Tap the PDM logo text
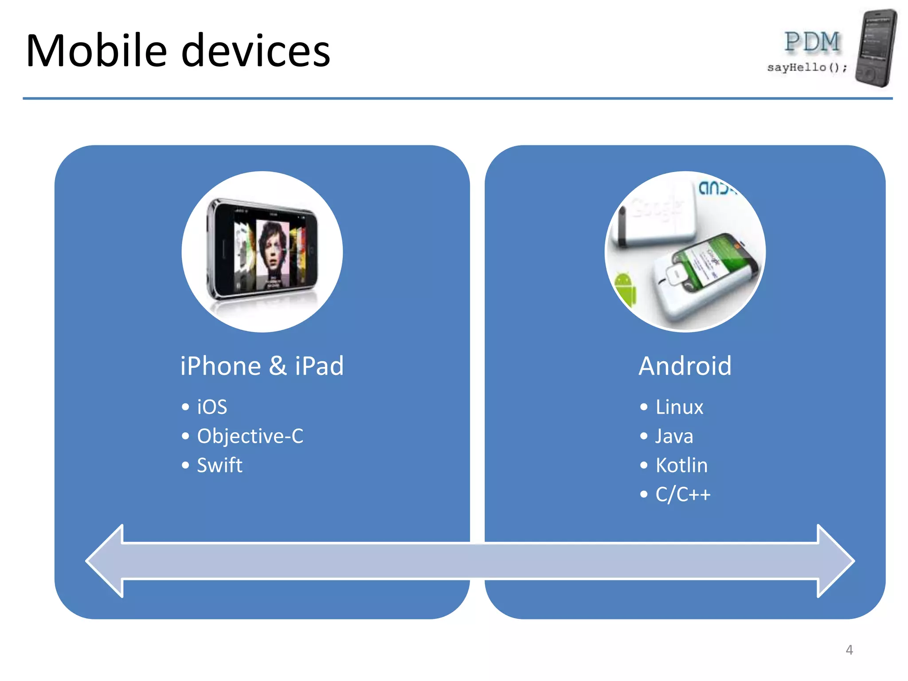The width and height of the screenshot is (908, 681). click(812, 43)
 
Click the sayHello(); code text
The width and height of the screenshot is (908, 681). click(807, 67)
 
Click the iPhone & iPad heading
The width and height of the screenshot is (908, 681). click(262, 366)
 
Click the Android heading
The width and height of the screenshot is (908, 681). click(685, 366)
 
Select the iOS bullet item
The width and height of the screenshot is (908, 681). click(212, 407)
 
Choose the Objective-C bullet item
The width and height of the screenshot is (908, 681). click(250, 436)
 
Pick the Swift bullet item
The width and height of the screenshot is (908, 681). click(219, 466)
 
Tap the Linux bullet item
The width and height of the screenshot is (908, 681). click(679, 407)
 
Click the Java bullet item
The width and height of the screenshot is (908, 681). click(674, 436)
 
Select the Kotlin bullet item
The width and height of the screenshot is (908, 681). click(681, 466)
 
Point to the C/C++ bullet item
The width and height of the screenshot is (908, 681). click(683, 494)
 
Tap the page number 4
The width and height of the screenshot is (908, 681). click(849, 650)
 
